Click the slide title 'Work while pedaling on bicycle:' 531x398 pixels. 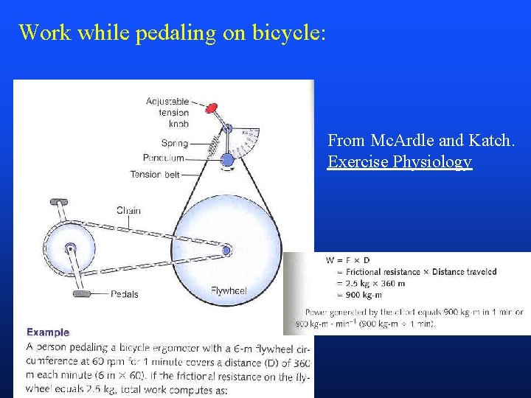pos(171,32)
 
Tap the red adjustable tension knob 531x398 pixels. pos(212,108)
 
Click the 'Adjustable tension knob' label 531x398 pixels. pos(167,113)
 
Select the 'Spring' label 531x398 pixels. pos(174,144)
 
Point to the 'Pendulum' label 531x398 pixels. pos(164,158)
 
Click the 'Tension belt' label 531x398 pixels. pos(155,175)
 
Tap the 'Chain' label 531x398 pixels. pos(128,211)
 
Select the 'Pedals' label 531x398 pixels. pos(124,294)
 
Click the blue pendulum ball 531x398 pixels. pos(227,159)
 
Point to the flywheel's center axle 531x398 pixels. pos(226,251)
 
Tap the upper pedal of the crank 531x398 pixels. pos(59,201)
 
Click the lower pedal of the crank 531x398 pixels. pos(81,293)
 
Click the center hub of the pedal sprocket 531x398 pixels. pos(70,248)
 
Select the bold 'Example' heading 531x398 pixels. pos(48,332)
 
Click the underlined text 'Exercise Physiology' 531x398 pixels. pos(399,161)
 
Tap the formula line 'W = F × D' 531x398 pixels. pos(349,259)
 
